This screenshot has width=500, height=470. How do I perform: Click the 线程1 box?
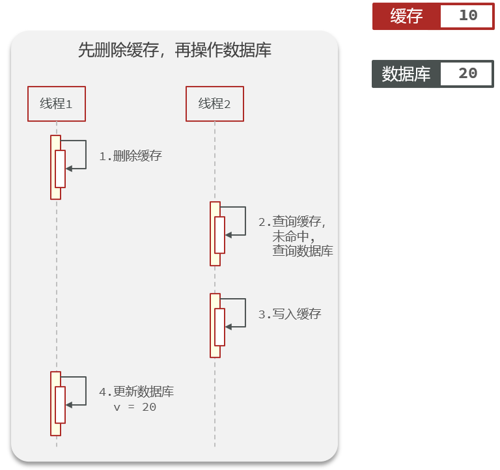point(56,104)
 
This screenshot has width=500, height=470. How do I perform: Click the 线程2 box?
point(214,104)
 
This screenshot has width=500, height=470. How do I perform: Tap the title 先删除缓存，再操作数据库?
point(174,50)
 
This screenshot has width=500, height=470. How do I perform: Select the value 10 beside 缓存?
point(467,16)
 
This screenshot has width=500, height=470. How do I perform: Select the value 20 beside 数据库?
point(467,74)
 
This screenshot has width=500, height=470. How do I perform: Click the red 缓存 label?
point(407,16)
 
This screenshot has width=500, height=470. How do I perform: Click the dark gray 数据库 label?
point(406,74)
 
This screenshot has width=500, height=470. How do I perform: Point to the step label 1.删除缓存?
point(130,156)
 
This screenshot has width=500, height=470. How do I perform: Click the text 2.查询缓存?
point(292,222)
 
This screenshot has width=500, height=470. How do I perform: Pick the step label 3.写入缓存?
point(289,314)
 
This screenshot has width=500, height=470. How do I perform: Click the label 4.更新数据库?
point(136,392)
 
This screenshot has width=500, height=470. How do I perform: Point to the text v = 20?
point(135,407)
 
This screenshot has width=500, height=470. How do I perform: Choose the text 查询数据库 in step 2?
point(303,251)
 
